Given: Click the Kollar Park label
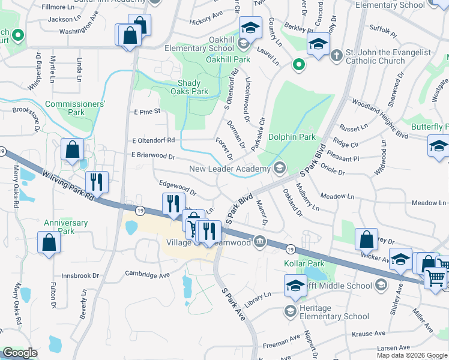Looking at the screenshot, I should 300,263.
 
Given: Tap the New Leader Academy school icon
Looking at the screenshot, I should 279,168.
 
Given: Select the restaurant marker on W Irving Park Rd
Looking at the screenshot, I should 97,182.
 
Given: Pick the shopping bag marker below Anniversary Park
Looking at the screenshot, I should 49,243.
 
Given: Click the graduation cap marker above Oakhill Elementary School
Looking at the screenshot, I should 251,28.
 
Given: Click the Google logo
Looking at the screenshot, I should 20,353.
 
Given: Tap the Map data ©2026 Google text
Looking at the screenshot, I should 411,355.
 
